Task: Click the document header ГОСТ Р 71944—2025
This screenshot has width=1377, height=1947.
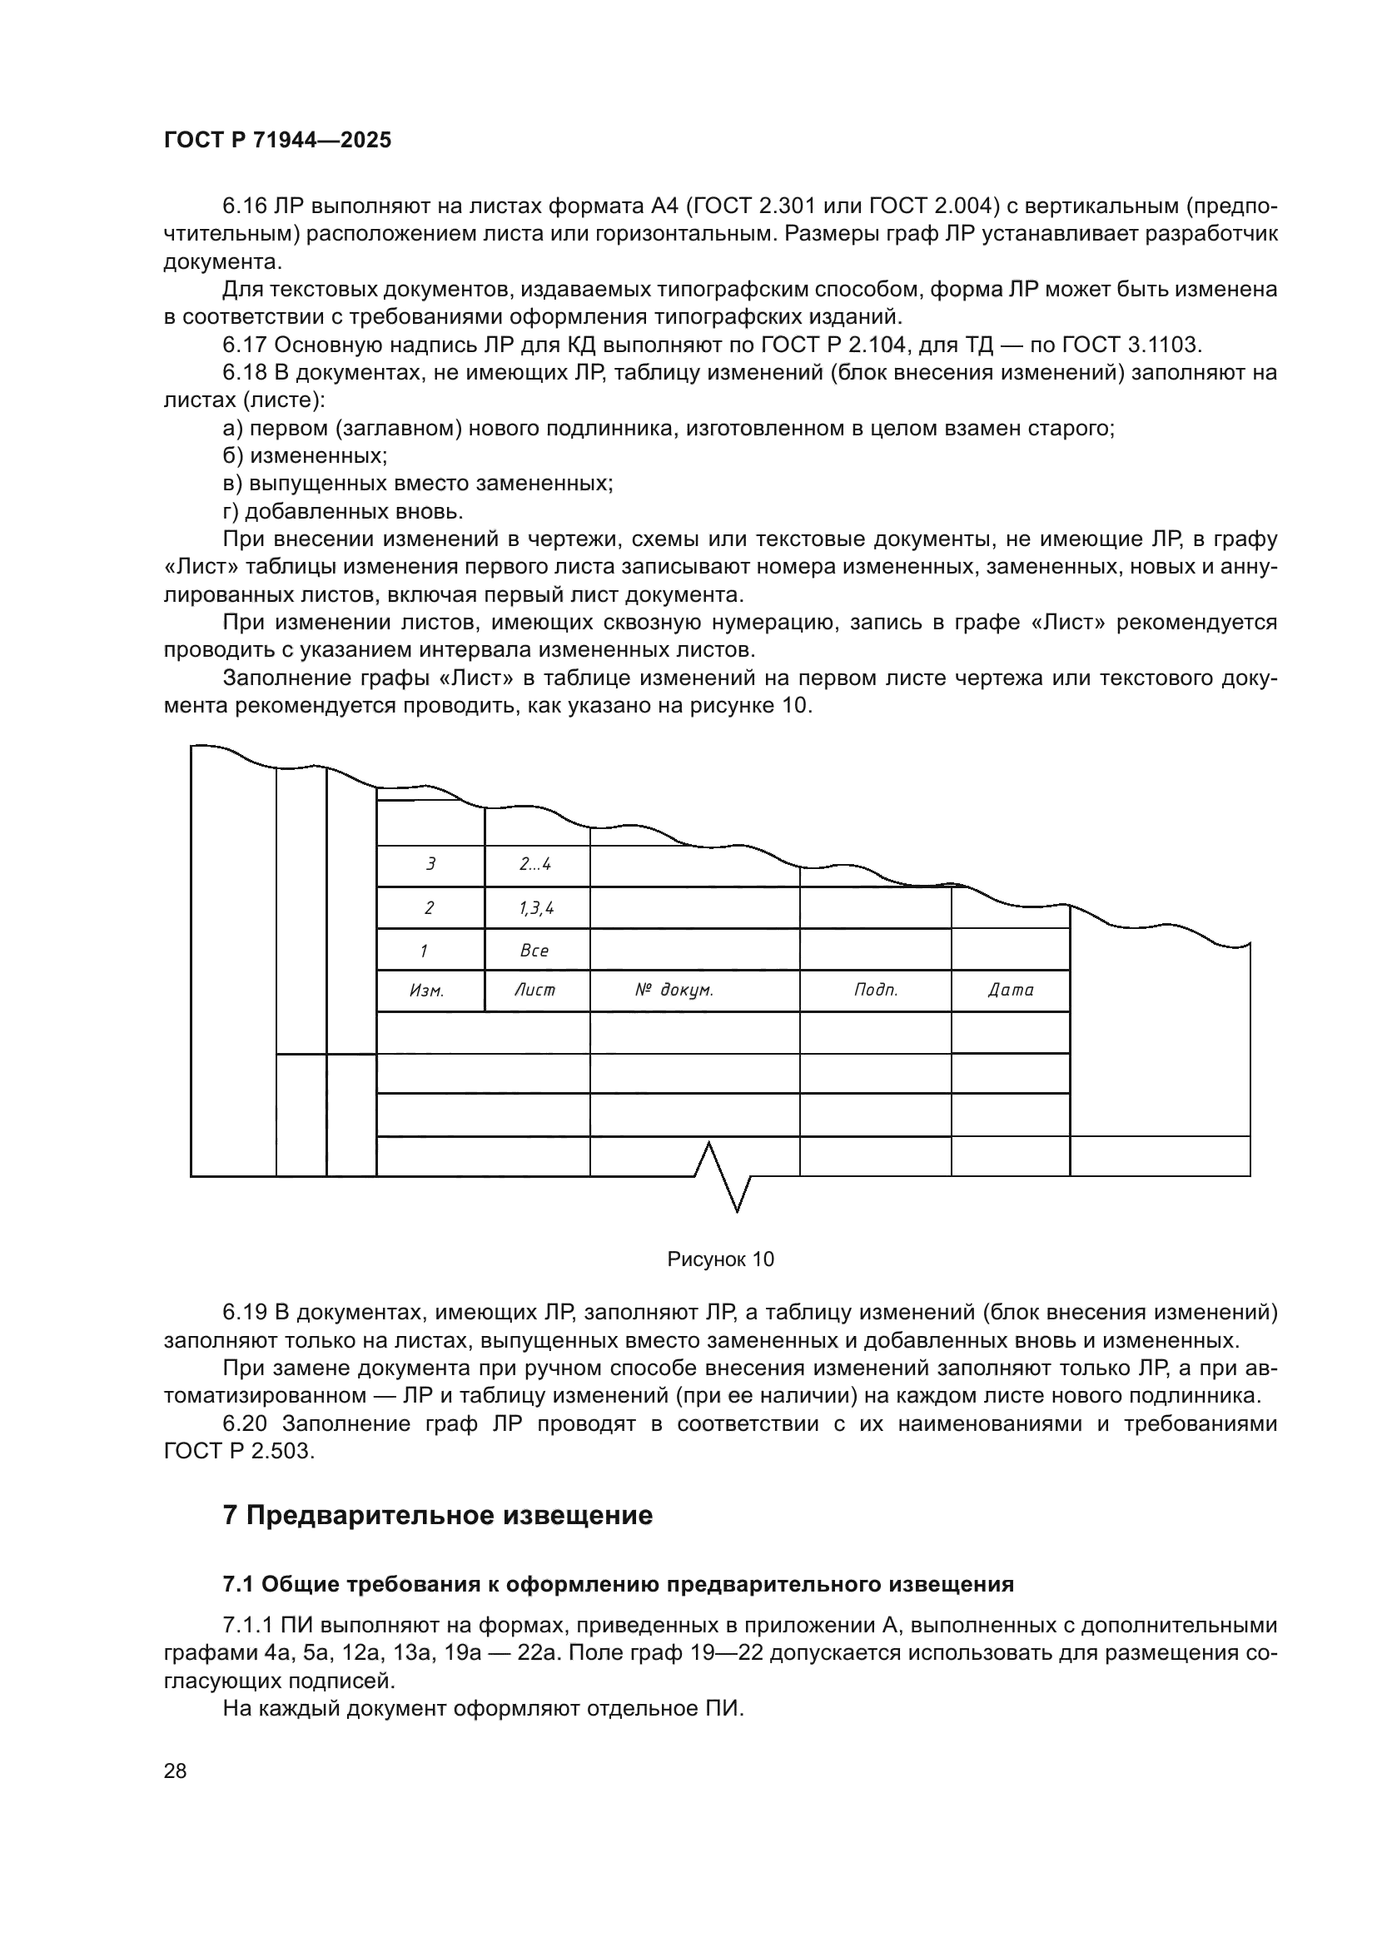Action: [x=277, y=141]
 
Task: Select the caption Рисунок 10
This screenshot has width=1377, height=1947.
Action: [x=721, y=1259]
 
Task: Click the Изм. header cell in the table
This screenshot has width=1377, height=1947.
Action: [x=427, y=991]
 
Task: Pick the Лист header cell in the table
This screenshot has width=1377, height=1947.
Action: [x=535, y=991]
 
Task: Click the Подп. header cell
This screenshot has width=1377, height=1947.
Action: [x=875, y=991]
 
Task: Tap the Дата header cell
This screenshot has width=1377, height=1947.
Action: [x=1011, y=991]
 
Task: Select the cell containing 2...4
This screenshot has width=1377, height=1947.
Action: [x=535, y=865]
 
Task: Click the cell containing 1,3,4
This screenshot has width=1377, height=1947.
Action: [x=536, y=909]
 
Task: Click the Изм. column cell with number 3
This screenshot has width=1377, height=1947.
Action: [x=430, y=865]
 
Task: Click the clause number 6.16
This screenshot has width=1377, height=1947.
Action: [x=245, y=206]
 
